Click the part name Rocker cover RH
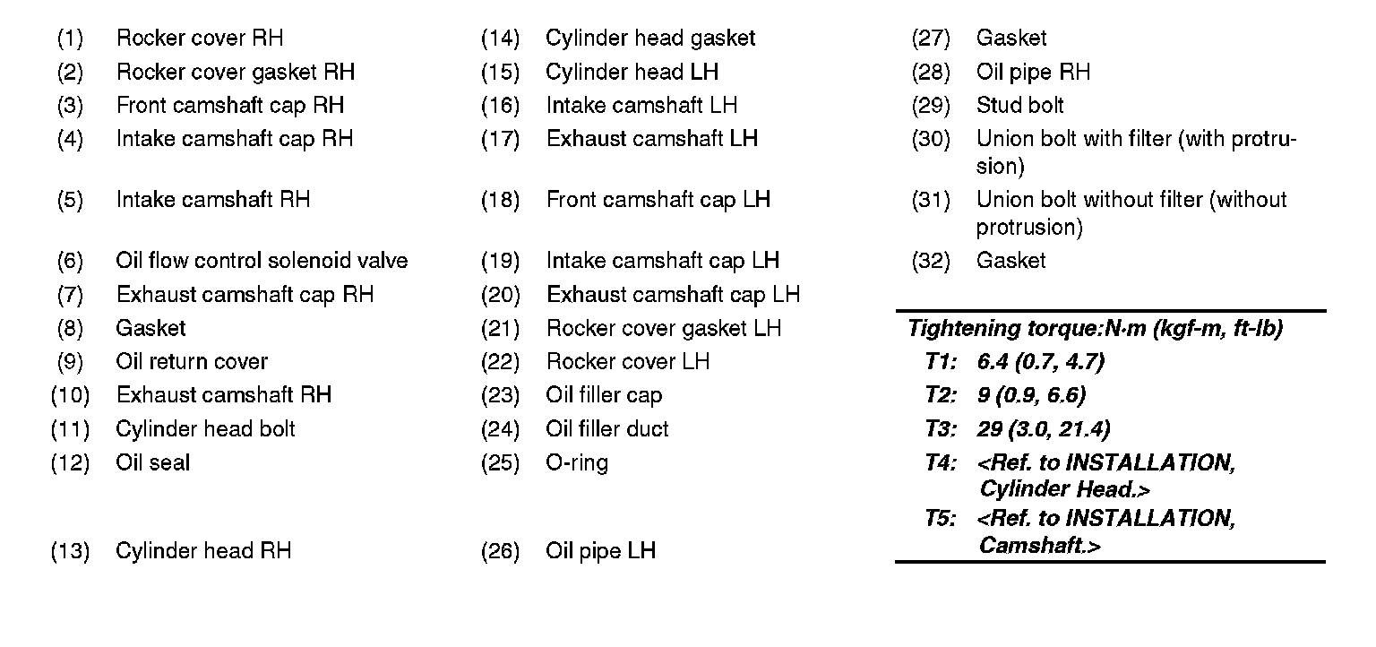(200, 39)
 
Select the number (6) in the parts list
(70, 261)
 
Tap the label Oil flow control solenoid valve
(262, 261)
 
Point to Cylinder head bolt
(205, 429)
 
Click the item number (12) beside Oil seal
(70, 463)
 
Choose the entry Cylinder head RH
(203, 551)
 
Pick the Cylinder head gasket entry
(650, 39)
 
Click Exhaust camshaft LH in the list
(652, 139)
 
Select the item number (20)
(500, 295)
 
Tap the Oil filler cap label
(604, 395)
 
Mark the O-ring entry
(577, 463)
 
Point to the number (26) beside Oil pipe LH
(500, 551)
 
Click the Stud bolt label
(1020, 106)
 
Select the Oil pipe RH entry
(1033, 72)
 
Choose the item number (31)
(931, 200)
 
